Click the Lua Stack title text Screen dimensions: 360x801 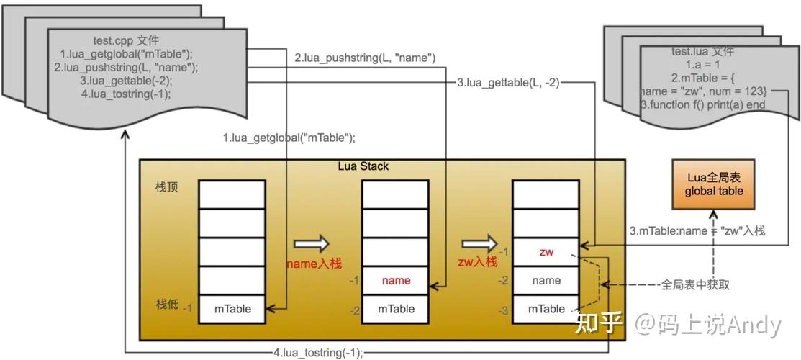363,166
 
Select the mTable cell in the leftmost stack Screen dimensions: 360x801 232,309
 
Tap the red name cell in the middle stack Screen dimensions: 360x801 396,281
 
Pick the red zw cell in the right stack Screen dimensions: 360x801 546,252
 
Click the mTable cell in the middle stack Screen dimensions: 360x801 396,309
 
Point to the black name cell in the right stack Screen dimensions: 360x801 546,281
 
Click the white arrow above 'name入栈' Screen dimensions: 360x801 311,243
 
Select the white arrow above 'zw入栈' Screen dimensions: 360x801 479,243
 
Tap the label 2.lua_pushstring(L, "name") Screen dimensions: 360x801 365,58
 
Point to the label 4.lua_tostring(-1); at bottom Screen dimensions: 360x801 317,353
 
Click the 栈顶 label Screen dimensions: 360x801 167,187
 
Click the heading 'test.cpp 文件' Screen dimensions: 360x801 127,40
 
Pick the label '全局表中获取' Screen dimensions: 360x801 695,284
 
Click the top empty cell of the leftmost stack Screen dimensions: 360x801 232,194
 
